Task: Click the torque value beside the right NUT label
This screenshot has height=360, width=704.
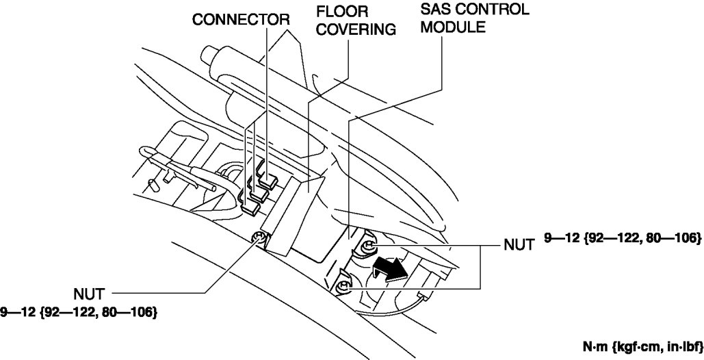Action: (623, 238)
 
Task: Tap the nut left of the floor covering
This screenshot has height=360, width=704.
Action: (259, 238)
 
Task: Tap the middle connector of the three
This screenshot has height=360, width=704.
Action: (257, 193)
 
